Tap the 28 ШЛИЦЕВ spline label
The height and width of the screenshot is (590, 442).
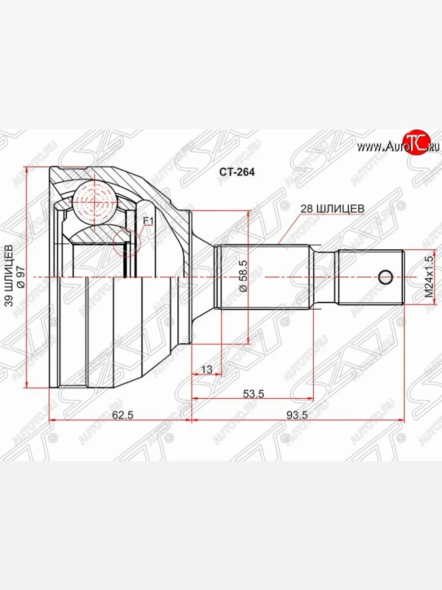(x=332, y=208)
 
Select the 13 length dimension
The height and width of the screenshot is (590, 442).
(x=207, y=369)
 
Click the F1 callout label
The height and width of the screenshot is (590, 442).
(x=148, y=221)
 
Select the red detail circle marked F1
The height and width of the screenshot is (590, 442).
(x=126, y=242)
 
